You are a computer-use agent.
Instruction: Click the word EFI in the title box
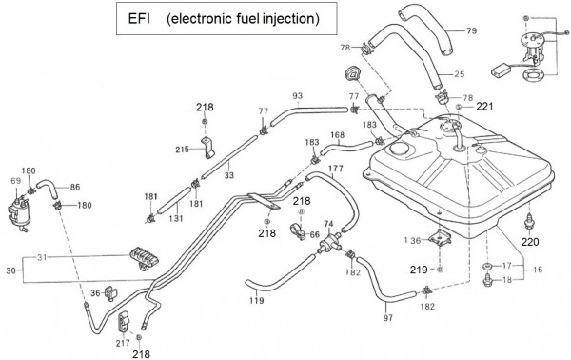pyautogui.click(x=139, y=19)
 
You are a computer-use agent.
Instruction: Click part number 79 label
pyautogui.click(x=472, y=31)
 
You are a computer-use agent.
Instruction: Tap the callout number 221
pyautogui.click(x=484, y=107)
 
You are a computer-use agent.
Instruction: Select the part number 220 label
pyautogui.click(x=530, y=242)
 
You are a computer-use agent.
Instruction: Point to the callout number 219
pyautogui.click(x=419, y=270)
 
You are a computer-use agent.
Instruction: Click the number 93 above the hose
pyautogui.click(x=298, y=96)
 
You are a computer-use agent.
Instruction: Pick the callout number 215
pyautogui.click(x=182, y=149)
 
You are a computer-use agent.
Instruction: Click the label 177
pyautogui.click(x=335, y=169)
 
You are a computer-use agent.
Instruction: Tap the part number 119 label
pyautogui.click(x=257, y=301)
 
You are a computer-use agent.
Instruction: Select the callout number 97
pyautogui.click(x=388, y=318)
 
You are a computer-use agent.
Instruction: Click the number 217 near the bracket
pyautogui.click(x=123, y=343)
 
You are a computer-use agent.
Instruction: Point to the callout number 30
pyautogui.click(x=10, y=270)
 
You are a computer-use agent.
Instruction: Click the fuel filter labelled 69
pyautogui.click(x=19, y=215)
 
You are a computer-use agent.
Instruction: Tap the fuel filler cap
pyautogui.click(x=351, y=73)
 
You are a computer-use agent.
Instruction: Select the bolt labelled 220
pyautogui.click(x=529, y=222)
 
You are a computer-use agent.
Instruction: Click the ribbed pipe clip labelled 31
pyautogui.click(x=145, y=257)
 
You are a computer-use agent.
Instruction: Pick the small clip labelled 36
pyautogui.click(x=110, y=292)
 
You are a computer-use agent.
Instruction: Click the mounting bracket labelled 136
pyautogui.click(x=440, y=237)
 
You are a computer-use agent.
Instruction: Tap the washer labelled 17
pyautogui.click(x=487, y=266)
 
